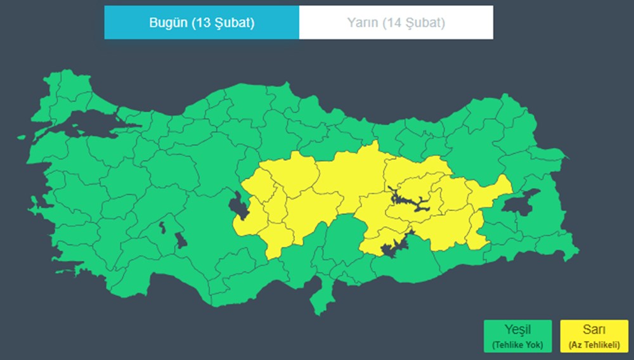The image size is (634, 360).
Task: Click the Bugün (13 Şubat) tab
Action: pyautogui.click(x=202, y=23)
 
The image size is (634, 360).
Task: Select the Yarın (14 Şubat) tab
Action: pyautogui.click(x=396, y=23)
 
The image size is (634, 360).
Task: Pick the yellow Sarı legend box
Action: pyautogui.click(x=594, y=337)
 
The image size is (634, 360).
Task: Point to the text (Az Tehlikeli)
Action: pyautogui.click(x=594, y=345)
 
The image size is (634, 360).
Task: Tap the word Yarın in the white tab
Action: pyautogui.click(x=362, y=23)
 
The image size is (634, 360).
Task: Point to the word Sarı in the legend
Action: pyautogui.click(x=594, y=330)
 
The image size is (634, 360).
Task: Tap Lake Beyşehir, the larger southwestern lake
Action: pyautogui.click(x=180, y=240)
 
